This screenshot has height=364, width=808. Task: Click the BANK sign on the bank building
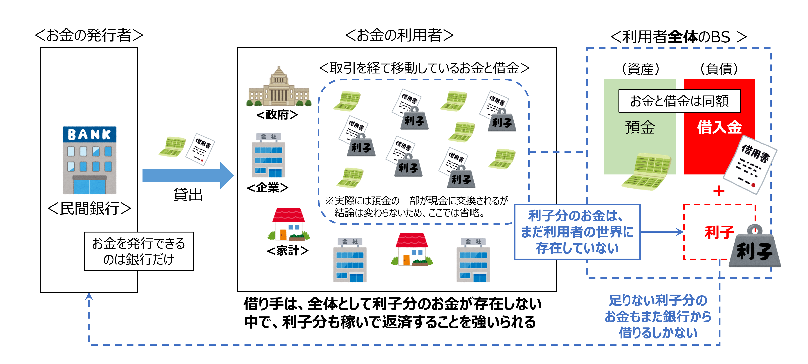coord(89,134)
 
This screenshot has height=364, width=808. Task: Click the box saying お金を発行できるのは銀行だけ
coord(139,251)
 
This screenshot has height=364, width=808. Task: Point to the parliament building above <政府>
coord(279,87)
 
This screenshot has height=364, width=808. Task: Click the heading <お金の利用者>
coord(399,35)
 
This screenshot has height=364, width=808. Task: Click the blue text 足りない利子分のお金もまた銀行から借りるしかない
coord(658,316)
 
